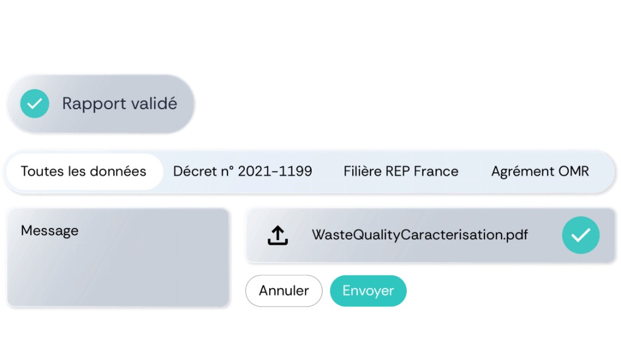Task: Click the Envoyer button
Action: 368,291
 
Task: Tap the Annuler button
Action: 284,291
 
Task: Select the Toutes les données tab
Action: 84,172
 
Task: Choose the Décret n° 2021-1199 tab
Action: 243,172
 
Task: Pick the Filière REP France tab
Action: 401,172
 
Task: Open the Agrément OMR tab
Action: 540,172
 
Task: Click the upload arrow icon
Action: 278,235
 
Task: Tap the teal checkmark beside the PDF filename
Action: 580,235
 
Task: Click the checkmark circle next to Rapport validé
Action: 35,103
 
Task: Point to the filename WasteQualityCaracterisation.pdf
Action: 420,235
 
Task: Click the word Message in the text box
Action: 50,231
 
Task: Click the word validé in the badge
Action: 154,103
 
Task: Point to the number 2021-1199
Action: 275,172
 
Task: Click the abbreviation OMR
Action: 574,172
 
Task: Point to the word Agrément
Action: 523,172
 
